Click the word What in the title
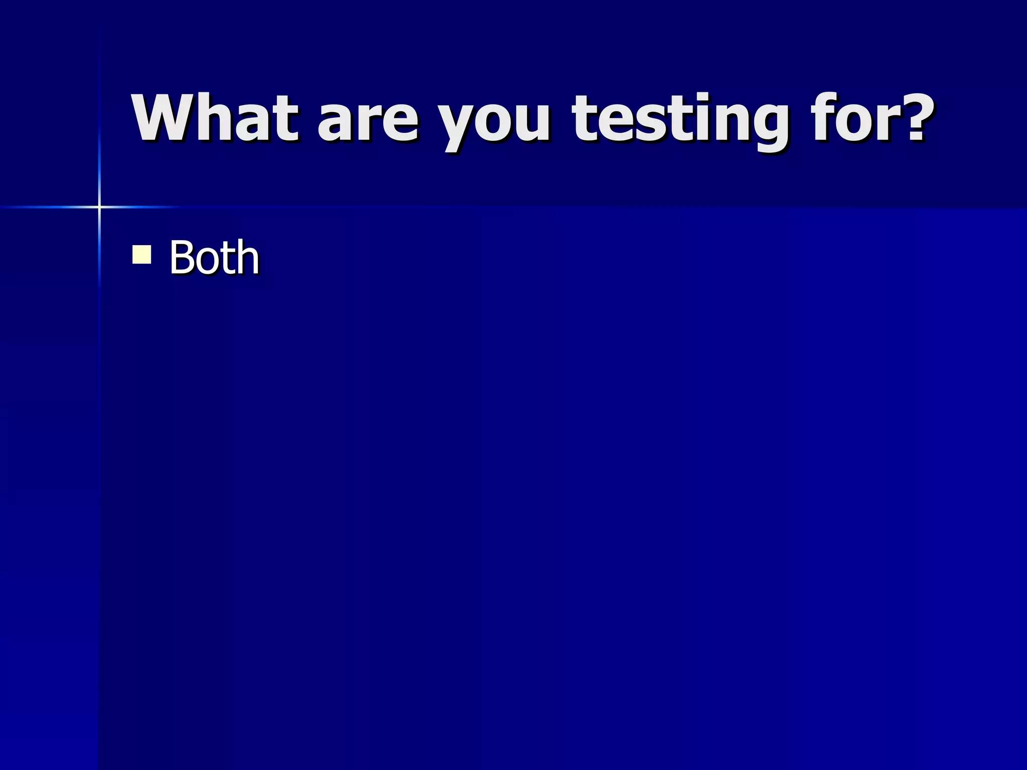(215, 118)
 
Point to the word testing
(680, 120)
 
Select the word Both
(214, 258)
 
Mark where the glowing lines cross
(99, 207)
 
